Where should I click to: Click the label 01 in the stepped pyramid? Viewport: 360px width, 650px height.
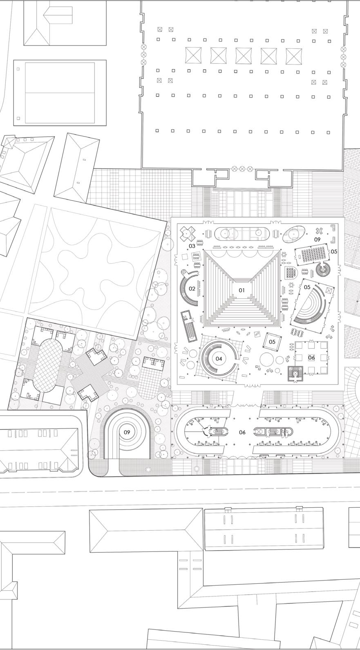click(241, 290)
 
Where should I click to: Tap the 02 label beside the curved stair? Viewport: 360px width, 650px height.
click(192, 289)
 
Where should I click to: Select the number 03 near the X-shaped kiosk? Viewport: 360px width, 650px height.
click(192, 246)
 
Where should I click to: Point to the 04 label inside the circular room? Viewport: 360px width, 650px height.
click(219, 359)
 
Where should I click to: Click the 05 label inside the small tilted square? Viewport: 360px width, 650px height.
click(272, 342)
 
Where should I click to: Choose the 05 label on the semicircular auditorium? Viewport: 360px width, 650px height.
click(307, 287)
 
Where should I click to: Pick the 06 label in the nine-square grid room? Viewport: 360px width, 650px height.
click(311, 357)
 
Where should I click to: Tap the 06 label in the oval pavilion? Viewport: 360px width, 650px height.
click(242, 432)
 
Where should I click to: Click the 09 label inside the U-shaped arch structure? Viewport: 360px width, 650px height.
click(127, 432)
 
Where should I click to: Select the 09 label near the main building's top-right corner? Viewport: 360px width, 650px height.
click(318, 240)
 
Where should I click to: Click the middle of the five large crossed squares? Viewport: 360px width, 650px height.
click(244, 56)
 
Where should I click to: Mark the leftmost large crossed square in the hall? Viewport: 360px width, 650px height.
click(193, 55)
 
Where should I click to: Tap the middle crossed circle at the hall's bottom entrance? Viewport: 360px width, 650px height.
click(242, 168)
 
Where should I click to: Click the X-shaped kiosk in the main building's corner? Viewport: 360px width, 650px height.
click(188, 234)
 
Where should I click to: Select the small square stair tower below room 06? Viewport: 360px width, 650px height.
click(295, 374)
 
